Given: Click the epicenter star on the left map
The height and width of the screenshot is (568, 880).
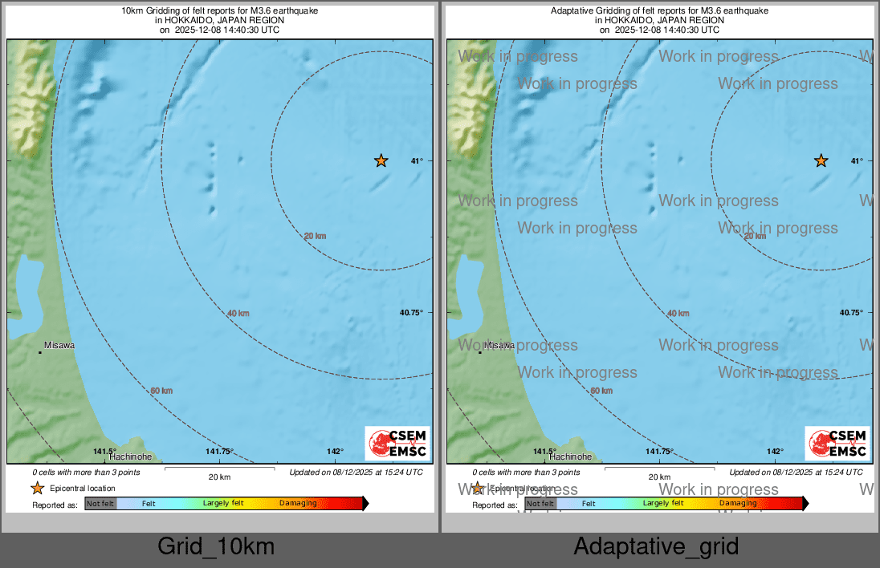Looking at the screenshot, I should click(x=381, y=160).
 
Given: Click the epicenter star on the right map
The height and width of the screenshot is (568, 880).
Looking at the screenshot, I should click(x=821, y=160).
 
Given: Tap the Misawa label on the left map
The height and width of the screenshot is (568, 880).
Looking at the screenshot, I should click(x=59, y=345).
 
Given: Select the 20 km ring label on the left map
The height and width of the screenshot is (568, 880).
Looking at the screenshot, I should click(x=315, y=236).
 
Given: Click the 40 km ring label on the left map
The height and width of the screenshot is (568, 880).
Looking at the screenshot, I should click(x=238, y=313).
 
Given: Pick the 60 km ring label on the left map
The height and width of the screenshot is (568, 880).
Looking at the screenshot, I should click(x=161, y=391).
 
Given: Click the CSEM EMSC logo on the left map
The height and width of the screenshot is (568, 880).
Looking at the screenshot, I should click(x=397, y=444).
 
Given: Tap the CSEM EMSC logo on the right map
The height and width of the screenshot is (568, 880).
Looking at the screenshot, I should click(x=837, y=444).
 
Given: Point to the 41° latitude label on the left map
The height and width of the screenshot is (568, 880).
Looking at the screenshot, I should click(x=417, y=161).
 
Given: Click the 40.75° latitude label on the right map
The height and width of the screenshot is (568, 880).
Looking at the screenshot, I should click(x=851, y=313).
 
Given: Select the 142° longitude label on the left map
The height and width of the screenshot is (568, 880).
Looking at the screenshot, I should click(x=335, y=452).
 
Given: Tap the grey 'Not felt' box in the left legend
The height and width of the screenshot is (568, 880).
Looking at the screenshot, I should click(x=101, y=504).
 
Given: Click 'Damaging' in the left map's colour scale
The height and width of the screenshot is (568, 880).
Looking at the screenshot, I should click(x=298, y=504).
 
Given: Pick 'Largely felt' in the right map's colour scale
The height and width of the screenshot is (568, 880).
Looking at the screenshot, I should click(x=663, y=504).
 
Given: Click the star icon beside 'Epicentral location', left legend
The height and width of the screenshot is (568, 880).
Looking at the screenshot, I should click(x=37, y=488).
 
